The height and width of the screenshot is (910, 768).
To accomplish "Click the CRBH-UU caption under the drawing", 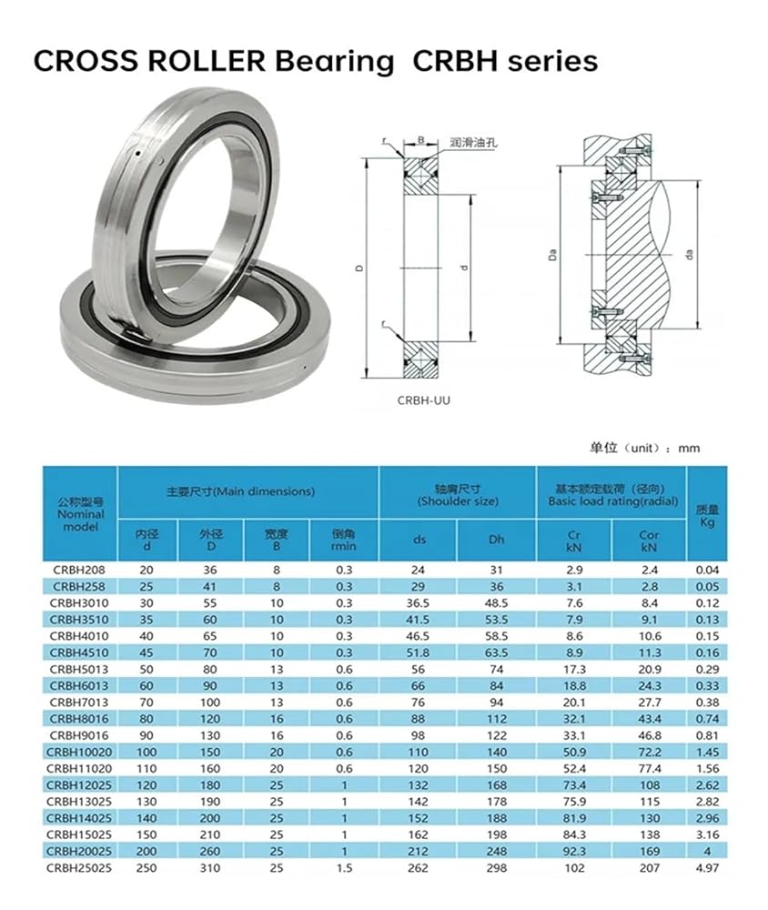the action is tap(424, 400).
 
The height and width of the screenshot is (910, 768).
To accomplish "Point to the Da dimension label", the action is tap(552, 255).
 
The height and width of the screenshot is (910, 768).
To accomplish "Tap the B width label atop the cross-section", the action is tap(421, 140).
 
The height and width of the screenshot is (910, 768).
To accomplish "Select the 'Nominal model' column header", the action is tap(81, 514).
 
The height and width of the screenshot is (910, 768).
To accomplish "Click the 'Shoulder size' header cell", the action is tap(458, 495).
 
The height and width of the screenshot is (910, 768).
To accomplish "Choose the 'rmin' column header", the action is tap(344, 540).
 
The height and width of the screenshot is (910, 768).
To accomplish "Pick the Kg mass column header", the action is tap(707, 515).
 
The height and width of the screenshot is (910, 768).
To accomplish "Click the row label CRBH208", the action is tap(79, 570).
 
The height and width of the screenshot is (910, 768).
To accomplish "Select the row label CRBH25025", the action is tap(79, 868).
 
